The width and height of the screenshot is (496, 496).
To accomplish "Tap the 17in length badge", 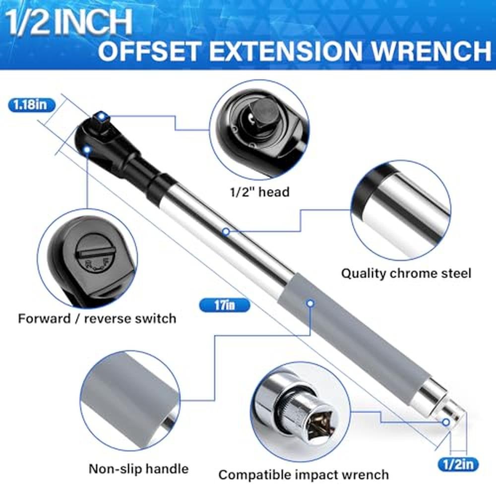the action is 225,305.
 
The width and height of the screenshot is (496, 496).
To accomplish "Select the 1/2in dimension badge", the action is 458,464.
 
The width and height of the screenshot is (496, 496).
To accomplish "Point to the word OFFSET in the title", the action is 150,50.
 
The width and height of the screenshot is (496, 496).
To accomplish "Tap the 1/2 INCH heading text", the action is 68,22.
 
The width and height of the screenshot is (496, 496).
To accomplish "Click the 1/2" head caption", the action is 259,192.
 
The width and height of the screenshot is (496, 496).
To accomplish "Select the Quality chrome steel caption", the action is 406,273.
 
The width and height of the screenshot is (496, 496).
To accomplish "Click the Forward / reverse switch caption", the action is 97,318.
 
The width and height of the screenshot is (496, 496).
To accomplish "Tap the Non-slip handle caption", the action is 138,469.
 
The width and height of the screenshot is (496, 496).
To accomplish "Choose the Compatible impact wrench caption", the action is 304,475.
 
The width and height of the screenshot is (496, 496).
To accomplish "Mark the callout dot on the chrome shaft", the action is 226,232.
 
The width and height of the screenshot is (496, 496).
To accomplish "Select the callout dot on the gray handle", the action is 310,303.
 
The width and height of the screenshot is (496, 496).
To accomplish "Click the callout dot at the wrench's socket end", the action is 446,422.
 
